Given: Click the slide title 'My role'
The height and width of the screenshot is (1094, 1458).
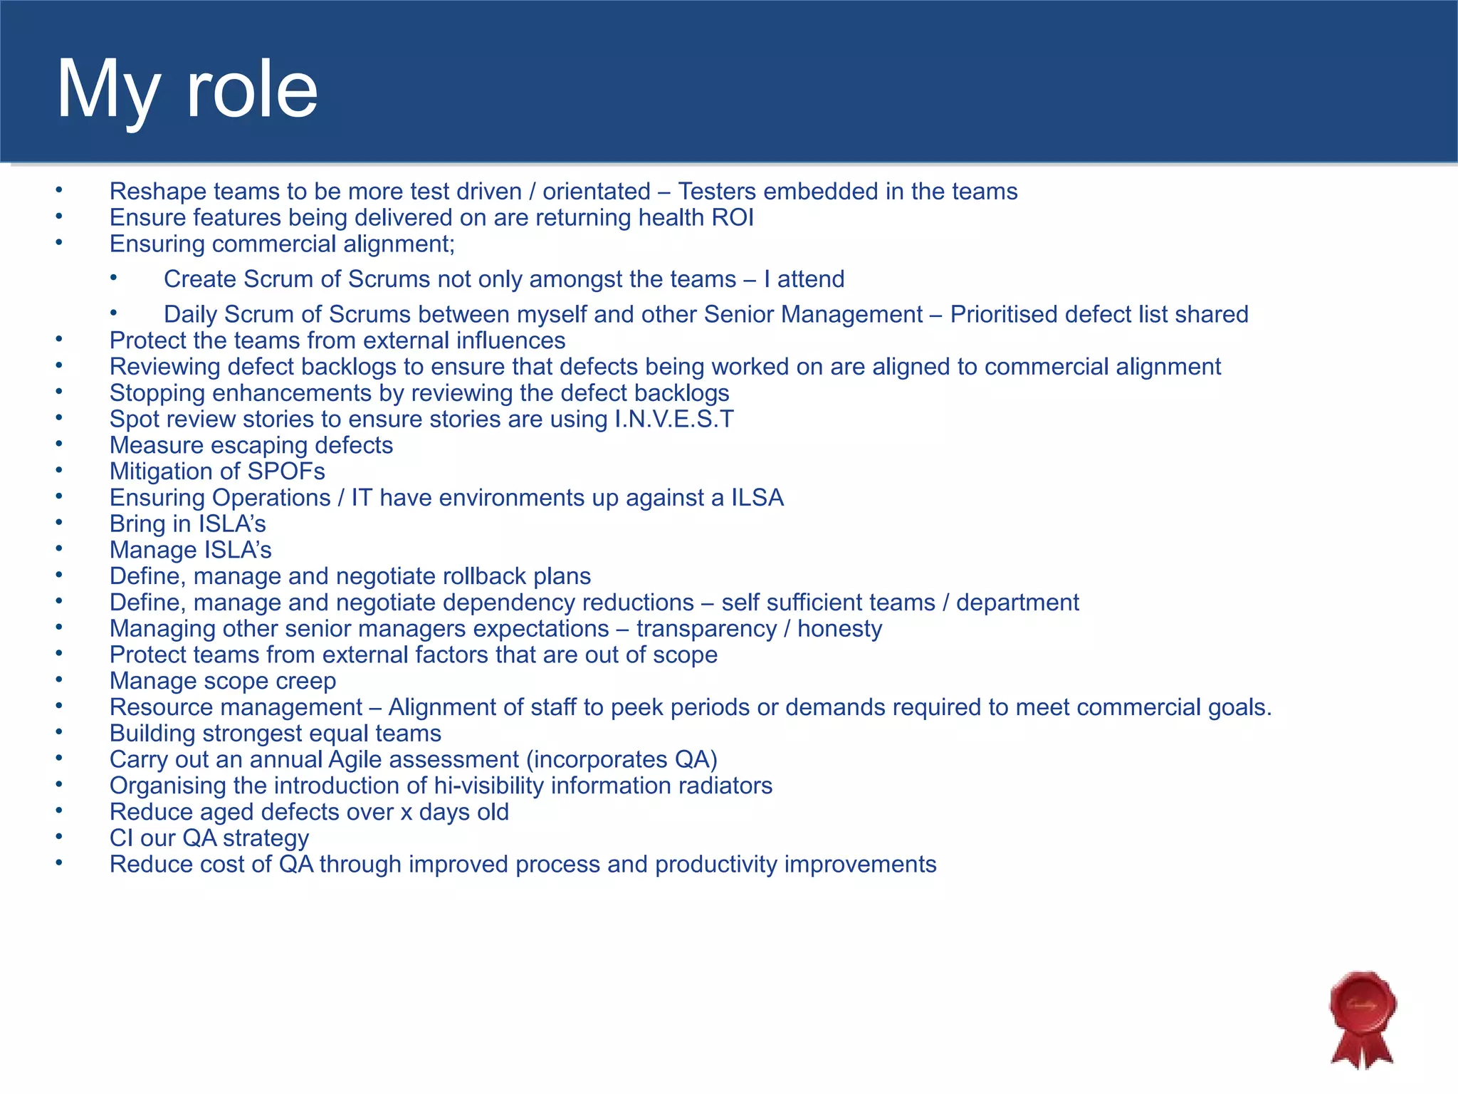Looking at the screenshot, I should (x=187, y=90).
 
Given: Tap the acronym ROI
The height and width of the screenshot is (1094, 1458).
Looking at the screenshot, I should (x=733, y=218).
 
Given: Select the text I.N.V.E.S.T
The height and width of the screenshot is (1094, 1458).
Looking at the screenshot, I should (x=673, y=420).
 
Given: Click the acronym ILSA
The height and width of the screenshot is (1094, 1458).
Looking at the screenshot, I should (x=757, y=498).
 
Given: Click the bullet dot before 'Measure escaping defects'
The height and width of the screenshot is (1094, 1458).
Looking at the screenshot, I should (x=60, y=444).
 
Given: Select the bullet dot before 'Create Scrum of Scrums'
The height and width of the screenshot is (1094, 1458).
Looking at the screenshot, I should (x=114, y=278).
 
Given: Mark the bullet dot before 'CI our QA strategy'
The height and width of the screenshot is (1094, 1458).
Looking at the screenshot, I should (x=60, y=837).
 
